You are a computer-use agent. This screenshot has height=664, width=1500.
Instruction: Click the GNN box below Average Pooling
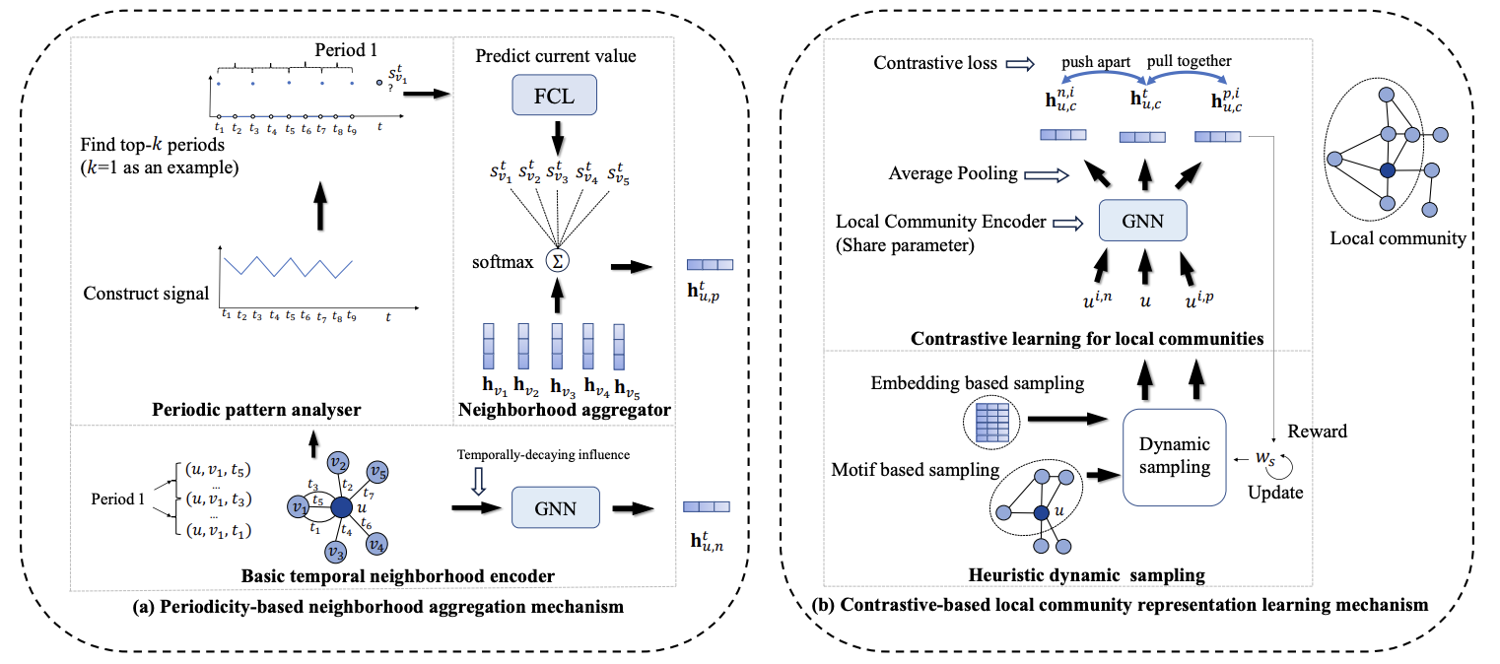1142,222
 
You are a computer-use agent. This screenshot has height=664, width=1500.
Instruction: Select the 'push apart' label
1095,61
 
